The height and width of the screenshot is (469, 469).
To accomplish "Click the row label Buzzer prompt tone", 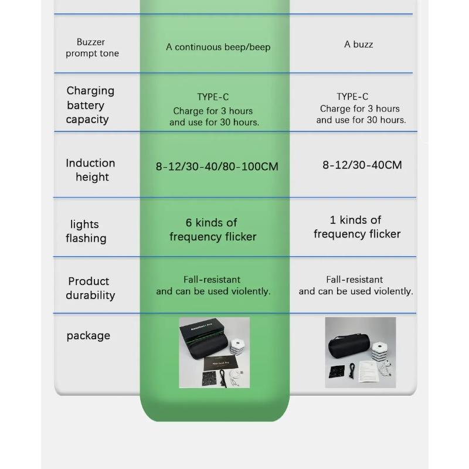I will coord(92,47).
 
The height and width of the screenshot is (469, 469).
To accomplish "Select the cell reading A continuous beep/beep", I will coord(218,47).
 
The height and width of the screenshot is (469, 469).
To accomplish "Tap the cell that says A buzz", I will coord(359,44).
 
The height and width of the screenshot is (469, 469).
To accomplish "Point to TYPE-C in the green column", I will coord(213,97).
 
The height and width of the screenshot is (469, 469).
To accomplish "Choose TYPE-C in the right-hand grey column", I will coord(352,96).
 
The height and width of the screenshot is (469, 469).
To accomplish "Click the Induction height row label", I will coord(91,170).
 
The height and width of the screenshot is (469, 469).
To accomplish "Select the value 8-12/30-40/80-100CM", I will coord(217,166).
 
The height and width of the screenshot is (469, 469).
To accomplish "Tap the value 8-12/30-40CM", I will coord(362,165).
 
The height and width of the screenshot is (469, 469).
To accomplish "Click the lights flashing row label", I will coord(86,231).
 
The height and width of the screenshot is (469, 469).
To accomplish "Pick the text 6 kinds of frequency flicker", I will coord(213,230).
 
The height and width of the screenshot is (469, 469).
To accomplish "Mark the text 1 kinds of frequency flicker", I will coord(356,227).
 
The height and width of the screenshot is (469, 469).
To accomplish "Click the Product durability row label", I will coord(90,288).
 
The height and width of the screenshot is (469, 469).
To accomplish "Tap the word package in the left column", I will coord(88,336).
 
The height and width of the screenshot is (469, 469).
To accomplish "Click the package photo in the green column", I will coord(214,352).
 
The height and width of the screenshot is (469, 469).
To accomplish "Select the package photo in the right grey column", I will coord(361,352).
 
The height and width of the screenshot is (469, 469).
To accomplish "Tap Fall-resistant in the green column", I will coord(212,280).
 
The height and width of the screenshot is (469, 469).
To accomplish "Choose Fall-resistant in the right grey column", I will coord(355,280).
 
